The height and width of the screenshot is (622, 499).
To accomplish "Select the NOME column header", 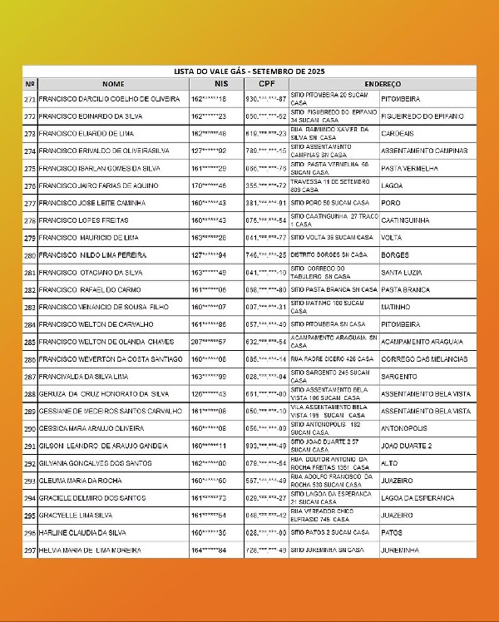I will tap(113, 84).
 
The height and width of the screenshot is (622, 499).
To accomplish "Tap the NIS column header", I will tap(220, 84).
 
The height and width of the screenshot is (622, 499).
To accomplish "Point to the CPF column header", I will tap(266, 84).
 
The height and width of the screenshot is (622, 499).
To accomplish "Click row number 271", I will tap(30, 99).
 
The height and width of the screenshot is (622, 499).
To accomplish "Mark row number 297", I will tap(30, 550).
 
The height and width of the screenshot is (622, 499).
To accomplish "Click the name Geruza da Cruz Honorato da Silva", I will tap(98, 394).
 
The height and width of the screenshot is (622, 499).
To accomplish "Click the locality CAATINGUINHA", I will tap(405, 220).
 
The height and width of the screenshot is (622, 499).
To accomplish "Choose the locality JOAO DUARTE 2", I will tap(406, 446).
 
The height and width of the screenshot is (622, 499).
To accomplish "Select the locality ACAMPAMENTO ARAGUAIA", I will tap(422, 342).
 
